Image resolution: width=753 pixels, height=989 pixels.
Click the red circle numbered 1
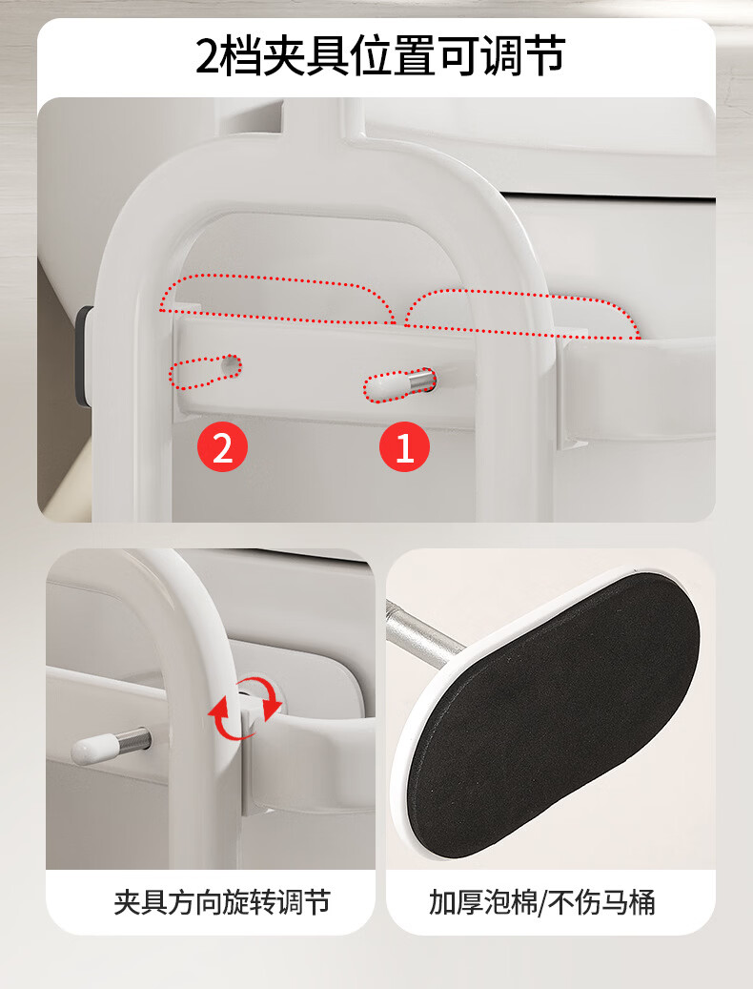[404, 446]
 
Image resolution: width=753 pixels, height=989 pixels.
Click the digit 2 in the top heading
[209, 56]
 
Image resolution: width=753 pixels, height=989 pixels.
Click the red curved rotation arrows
[245, 707]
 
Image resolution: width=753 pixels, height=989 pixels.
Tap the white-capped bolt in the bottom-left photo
[111, 744]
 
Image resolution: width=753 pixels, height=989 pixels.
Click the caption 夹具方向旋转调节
[222, 902]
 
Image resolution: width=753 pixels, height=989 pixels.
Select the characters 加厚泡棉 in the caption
[482, 902]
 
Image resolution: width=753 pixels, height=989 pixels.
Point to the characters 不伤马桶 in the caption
[601, 902]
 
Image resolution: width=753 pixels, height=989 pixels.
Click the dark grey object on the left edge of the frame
[84, 355]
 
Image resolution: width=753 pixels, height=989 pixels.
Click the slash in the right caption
[542, 902]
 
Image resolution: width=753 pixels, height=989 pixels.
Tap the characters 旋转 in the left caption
[249, 902]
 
